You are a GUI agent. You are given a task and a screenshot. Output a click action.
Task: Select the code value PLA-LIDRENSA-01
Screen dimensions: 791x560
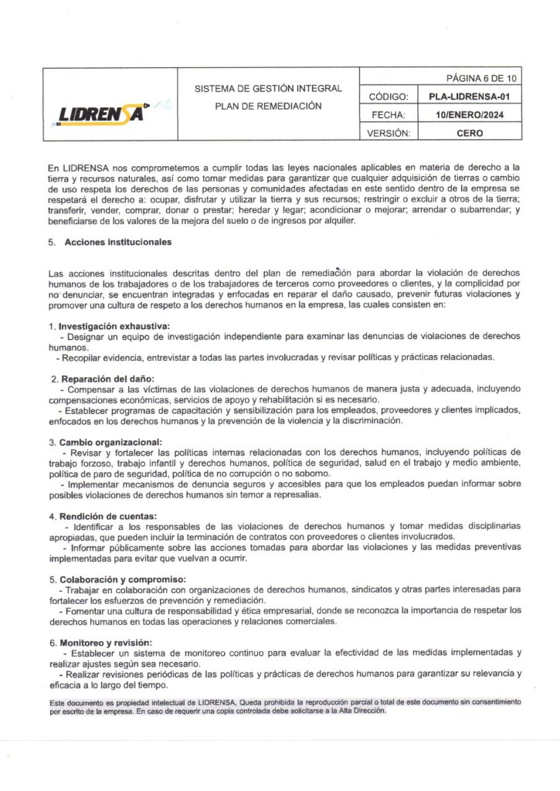tap(469, 97)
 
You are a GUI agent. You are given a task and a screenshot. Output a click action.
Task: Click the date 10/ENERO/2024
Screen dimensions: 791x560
tap(469, 114)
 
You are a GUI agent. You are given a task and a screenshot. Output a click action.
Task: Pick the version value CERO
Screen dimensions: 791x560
tap(469, 132)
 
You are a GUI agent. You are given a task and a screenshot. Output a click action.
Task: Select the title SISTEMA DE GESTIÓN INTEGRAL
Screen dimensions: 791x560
tap(267, 89)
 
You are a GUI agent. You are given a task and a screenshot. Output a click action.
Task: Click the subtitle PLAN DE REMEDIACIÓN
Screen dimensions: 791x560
tap(267, 106)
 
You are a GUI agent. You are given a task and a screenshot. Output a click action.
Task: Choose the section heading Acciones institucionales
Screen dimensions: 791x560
tap(117, 242)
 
